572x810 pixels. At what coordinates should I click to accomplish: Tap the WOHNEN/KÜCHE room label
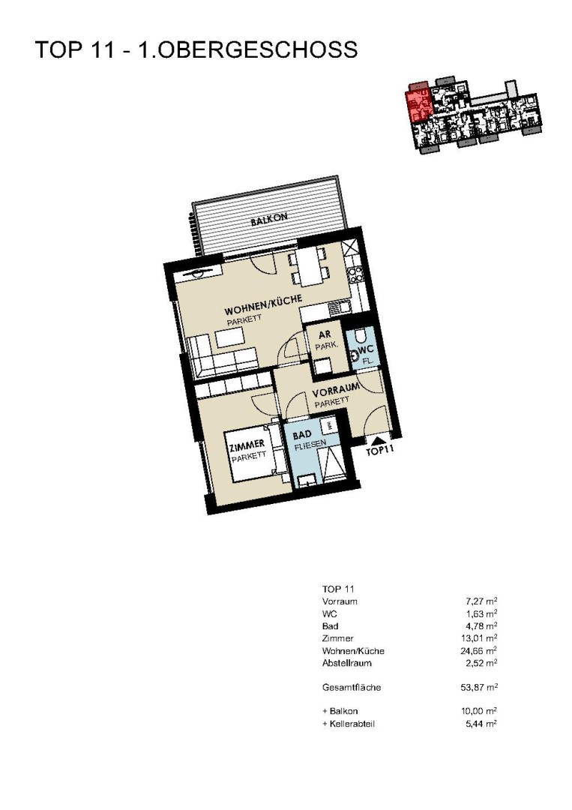click(x=263, y=305)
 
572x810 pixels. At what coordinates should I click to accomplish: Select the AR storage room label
click(x=325, y=334)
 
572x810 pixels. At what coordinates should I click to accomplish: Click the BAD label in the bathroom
click(x=302, y=435)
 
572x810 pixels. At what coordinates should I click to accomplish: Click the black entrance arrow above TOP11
click(x=379, y=439)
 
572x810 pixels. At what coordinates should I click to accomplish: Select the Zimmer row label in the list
click(x=337, y=638)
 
